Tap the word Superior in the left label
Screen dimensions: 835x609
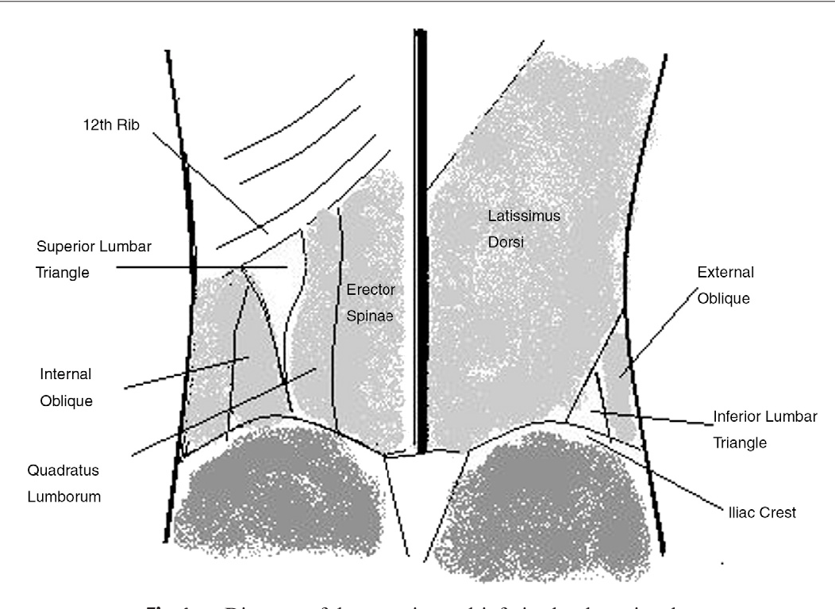click(x=61, y=244)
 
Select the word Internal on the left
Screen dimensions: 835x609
click(x=66, y=373)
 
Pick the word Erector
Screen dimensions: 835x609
click(x=370, y=289)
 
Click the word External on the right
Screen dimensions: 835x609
click(x=725, y=272)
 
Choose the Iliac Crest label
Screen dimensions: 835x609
click(x=761, y=512)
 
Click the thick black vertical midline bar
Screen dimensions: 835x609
click(x=421, y=238)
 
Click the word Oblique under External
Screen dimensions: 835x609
click(x=724, y=299)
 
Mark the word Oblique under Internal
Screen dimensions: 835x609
click(x=66, y=400)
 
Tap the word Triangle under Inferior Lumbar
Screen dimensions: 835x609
click(x=740, y=443)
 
